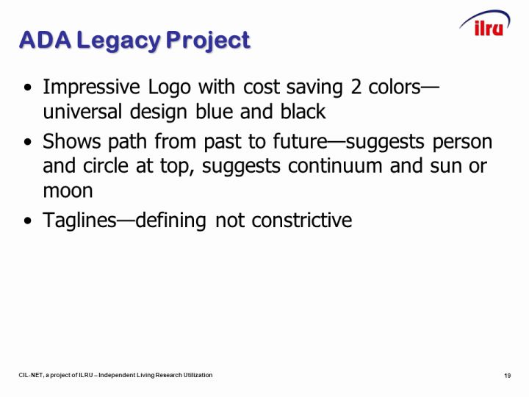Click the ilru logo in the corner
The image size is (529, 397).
[x=486, y=24]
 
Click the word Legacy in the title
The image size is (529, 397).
[x=119, y=41]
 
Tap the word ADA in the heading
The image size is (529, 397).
[x=46, y=40]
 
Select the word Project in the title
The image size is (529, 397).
[x=208, y=41]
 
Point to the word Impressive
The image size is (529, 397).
[x=91, y=87]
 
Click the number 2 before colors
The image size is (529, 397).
[x=356, y=87]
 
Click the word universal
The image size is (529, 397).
[x=82, y=112]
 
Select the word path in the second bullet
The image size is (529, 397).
[x=128, y=142]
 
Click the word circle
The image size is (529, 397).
[x=106, y=165]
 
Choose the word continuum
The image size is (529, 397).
[x=335, y=166]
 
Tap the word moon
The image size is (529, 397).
[x=68, y=191]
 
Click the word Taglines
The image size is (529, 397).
[x=79, y=221]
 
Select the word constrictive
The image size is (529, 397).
[x=302, y=221]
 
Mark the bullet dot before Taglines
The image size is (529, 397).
[x=28, y=221]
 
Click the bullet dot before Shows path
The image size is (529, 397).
[x=28, y=142]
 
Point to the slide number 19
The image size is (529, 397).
[x=508, y=376]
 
